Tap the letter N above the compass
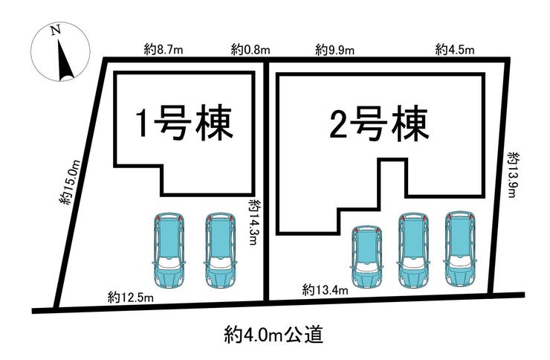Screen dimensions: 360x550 (x=55, y=30)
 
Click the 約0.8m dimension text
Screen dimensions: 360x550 (x=250, y=50)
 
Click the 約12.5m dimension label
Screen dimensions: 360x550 (x=130, y=298)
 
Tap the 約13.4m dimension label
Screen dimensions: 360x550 (x=326, y=289)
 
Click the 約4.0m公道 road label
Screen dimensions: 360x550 (x=275, y=334)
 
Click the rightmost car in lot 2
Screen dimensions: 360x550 (x=459, y=249)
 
